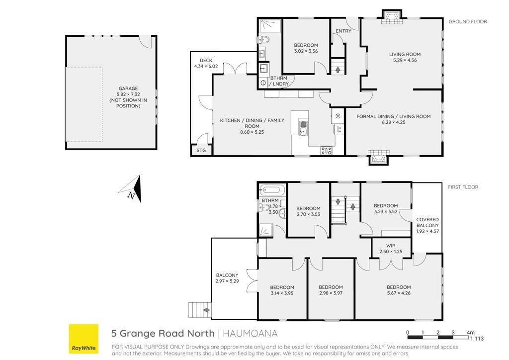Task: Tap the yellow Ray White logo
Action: click(84, 339)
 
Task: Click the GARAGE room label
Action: click(128, 89)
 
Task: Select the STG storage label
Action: click(201, 150)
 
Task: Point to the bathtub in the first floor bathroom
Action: click(272, 189)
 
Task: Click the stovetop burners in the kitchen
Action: click(326, 150)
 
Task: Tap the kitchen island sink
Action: click(303, 128)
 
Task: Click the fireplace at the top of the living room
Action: click(392, 17)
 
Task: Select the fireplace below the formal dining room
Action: click(378, 158)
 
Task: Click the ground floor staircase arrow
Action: click(338, 69)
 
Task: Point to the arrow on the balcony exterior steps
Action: click(206, 310)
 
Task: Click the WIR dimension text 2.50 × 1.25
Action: click(391, 252)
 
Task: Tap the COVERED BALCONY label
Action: click(427, 222)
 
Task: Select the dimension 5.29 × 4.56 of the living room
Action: click(405, 60)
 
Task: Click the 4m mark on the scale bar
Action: click(470, 332)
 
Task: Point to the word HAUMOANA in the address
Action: click(250, 333)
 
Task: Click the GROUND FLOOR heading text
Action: click(468, 21)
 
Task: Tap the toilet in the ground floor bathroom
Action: click(264, 40)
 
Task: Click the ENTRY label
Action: click(343, 31)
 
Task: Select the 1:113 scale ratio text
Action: click(477, 339)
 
